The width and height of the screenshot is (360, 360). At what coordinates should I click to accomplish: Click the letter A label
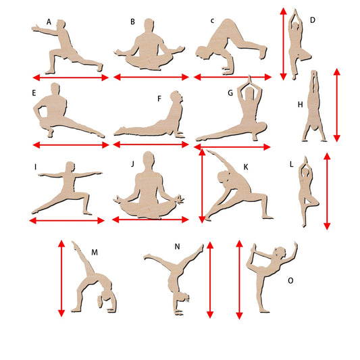point(49,22)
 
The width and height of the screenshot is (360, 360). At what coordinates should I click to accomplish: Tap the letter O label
point(290,280)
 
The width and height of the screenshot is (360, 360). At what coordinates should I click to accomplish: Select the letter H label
point(300,105)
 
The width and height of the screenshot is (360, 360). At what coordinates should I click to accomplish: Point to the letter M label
point(95,253)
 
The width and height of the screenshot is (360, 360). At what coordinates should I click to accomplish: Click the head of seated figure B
point(149,24)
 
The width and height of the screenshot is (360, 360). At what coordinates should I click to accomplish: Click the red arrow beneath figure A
point(70,78)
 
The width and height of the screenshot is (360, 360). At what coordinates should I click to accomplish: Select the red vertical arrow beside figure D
point(284,44)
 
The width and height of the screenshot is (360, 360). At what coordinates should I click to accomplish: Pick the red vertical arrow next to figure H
point(336,105)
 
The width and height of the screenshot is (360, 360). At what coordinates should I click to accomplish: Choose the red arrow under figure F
point(151,145)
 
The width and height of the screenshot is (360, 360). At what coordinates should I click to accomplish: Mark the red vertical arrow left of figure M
point(61,278)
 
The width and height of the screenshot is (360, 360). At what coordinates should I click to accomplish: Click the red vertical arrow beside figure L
point(327,191)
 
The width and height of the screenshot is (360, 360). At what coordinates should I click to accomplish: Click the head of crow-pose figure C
point(203,53)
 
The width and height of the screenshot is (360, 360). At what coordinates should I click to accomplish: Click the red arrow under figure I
point(67,221)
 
